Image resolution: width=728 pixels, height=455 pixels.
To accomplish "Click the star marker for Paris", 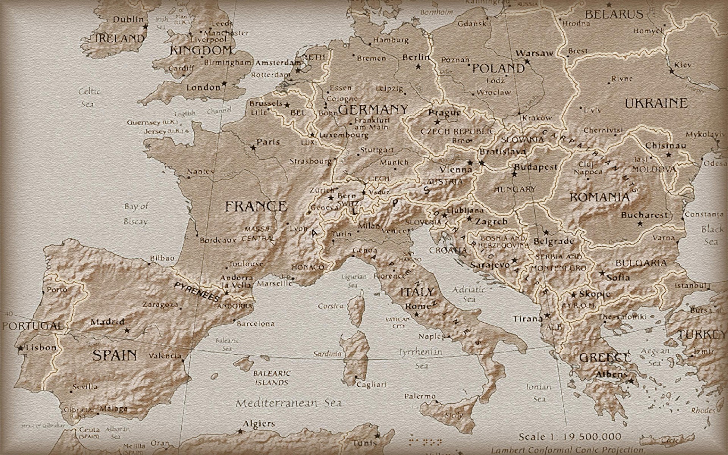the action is pyautogui.click(x=253, y=147).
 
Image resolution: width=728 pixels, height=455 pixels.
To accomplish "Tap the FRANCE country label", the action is pyautogui.click(x=256, y=207).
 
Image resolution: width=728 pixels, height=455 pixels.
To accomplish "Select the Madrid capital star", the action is pyautogui.click(x=127, y=330).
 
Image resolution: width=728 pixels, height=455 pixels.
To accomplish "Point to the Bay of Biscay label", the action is pyautogui.click(x=136, y=214).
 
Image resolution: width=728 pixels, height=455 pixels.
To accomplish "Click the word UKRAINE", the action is pyautogui.click(x=656, y=103).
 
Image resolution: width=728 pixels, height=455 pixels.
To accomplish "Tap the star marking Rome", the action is pyautogui.click(x=416, y=314).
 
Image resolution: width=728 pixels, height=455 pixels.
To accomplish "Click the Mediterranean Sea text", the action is pyautogui.click(x=288, y=403).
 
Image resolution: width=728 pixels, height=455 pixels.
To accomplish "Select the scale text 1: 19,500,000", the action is pyautogui.click(x=570, y=436).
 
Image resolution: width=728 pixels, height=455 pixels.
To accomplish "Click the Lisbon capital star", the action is pyautogui.click(x=20, y=348).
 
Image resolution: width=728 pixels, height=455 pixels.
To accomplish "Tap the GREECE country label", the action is pyautogui.click(x=605, y=358).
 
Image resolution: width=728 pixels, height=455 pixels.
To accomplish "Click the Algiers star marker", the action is pyautogui.click(x=240, y=431).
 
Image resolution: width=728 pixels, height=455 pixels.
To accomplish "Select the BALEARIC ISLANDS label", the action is pyautogui.click(x=272, y=378).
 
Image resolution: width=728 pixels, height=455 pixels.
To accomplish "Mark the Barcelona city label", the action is pyautogui.click(x=256, y=324).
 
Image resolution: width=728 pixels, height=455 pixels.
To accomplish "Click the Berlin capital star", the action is pyautogui.click(x=418, y=67).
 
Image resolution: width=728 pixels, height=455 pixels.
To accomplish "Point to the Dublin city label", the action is pyautogui.click(x=129, y=19).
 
